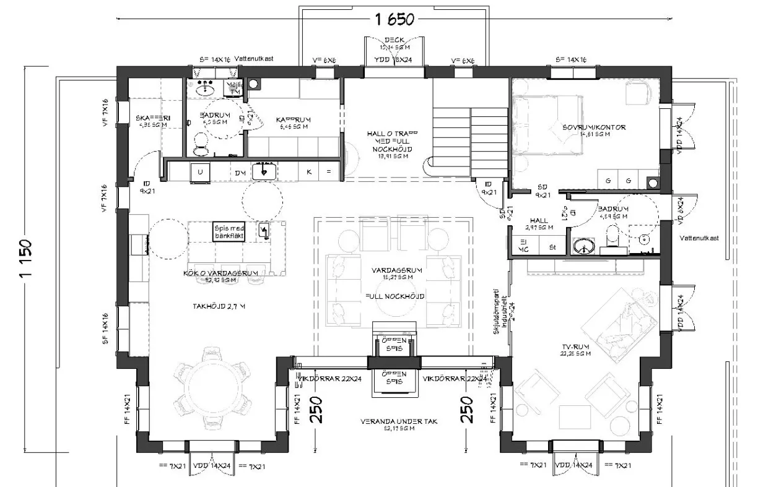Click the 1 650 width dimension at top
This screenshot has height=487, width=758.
pos(394,19)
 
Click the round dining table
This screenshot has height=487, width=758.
pos(211,388)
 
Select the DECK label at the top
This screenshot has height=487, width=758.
pos(394,40)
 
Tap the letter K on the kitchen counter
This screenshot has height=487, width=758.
pos(309,172)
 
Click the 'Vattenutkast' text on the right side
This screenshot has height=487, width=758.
pos(699,238)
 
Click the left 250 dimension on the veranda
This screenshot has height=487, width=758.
pos(316,410)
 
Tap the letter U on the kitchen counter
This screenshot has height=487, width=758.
pos(200,172)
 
